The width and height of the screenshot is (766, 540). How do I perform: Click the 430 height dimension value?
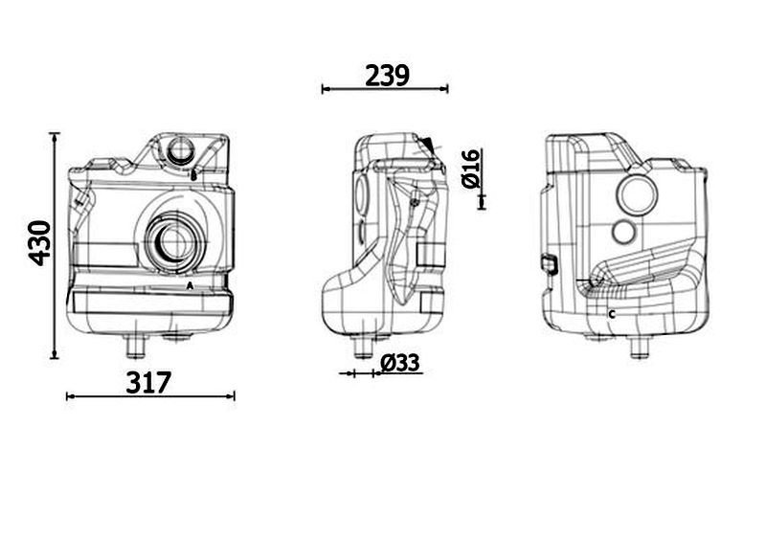coord(40,243)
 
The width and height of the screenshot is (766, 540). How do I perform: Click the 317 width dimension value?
coord(149,383)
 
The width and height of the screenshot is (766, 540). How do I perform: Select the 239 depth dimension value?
coord(387,76)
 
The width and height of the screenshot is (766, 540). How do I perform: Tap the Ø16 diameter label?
coord(471,169)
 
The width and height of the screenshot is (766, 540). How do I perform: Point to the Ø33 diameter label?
coord(399,363)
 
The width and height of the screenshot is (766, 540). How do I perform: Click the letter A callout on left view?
coord(190,285)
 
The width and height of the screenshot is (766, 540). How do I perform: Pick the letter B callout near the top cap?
coord(193,175)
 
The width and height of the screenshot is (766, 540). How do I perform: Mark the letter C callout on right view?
coord(612,315)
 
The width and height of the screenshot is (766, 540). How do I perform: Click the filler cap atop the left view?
coord(181,150)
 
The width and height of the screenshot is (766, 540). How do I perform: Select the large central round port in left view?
coord(174,242)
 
